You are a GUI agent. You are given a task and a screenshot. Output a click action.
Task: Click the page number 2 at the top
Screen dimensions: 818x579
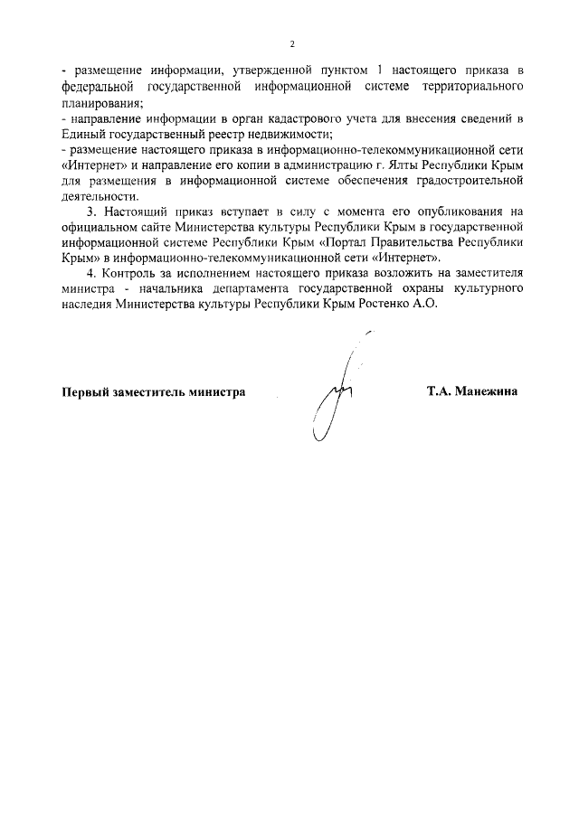pos(292,43)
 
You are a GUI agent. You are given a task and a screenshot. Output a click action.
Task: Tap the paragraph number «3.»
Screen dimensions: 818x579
pos(90,212)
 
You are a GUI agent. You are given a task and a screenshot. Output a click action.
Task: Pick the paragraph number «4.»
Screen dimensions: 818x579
pos(90,272)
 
